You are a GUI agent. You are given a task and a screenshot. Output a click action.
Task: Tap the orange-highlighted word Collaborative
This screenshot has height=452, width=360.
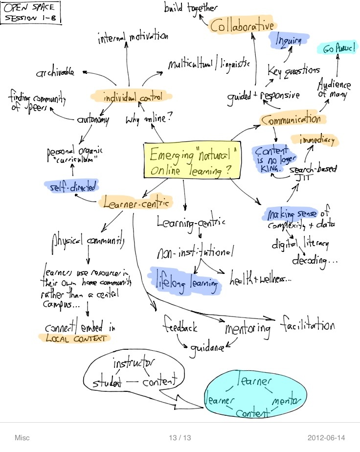(x=242, y=25)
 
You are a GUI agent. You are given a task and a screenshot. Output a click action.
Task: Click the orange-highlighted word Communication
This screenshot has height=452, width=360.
(x=291, y=119)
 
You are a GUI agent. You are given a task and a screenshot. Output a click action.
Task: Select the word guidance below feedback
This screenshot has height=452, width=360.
(x=207, y=348)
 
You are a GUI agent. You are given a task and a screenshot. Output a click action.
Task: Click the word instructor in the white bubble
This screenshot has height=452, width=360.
(x=134, y=364)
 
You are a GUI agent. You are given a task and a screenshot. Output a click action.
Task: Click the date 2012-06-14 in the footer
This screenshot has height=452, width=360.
(x=328, y=437)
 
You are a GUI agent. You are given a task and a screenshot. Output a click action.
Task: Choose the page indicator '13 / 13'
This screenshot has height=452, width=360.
(x=180, y=437)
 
